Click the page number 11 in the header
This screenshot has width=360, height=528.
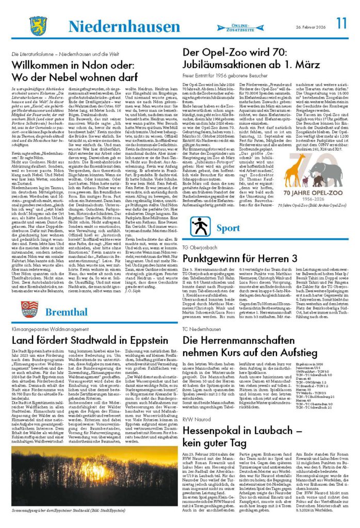tap(341, 24)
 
